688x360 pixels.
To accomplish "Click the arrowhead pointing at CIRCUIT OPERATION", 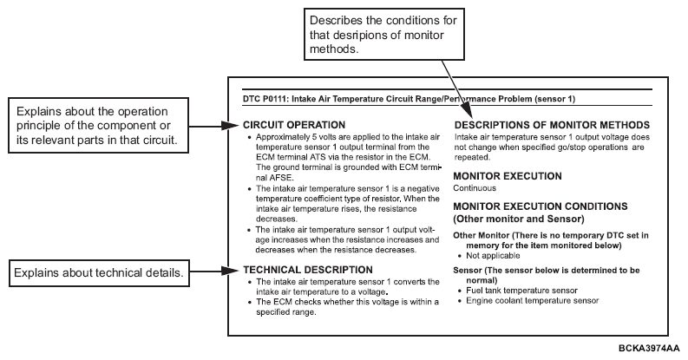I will coord(239,127).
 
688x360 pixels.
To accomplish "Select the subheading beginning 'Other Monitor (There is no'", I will coord(552,234).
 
